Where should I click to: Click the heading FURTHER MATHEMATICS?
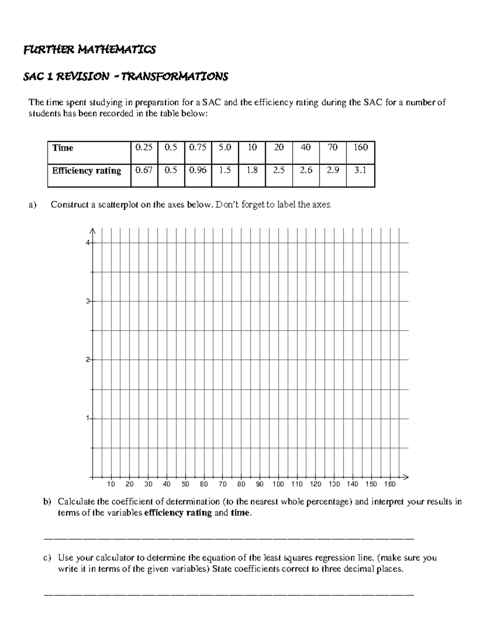[x=89, y=50]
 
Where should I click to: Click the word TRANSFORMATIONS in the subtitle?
[x=174, y=77]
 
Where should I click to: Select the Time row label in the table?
[x=63, y=148]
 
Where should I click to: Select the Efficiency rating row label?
[x=87, y=171]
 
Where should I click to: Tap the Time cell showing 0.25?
[x=144, y=147]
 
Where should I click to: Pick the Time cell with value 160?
[x=360, y=147]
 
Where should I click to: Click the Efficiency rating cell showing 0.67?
[x=144, y=170]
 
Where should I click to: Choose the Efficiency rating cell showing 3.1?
[x=360, y=170]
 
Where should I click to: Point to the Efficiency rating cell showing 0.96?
[x=198, y=170]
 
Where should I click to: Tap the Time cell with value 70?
[x=333, y=147]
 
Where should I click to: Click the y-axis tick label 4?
[x=88, y=243]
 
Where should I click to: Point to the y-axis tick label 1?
[x=88, y=419]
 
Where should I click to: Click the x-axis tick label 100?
[x=278, y=484]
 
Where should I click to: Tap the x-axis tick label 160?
[x=390, y=484]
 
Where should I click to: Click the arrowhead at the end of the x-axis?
[x=406, y=477]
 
